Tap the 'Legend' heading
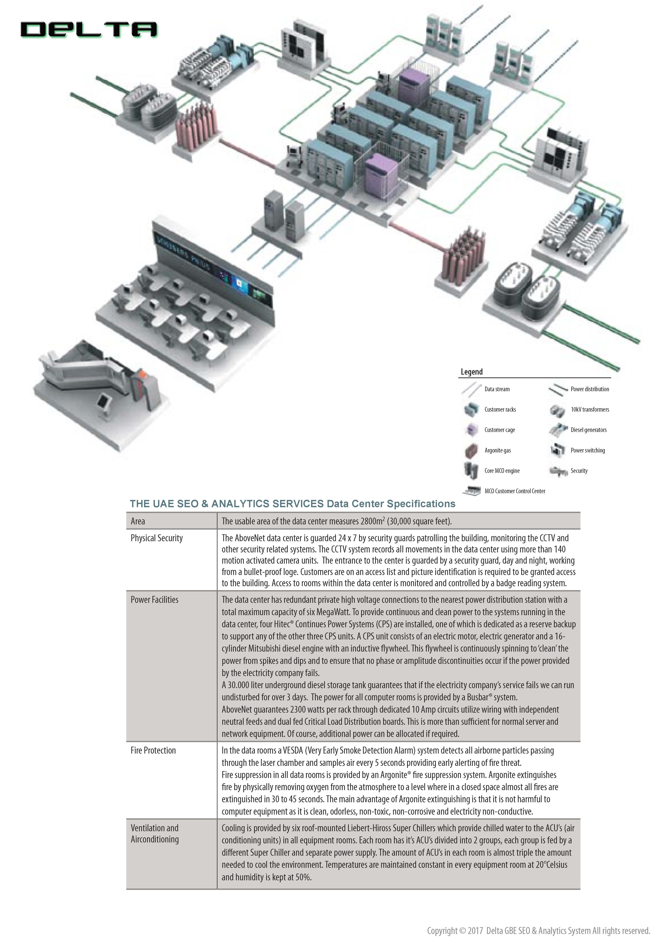click(472, 372)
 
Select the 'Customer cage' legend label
click(500, 430)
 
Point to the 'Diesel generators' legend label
click(588, 430)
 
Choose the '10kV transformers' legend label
click(590, 410)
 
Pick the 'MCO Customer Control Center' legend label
click(515, 491)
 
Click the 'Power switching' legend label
click(588, 450)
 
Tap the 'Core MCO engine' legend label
click(502, 471)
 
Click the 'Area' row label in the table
click(138, 521)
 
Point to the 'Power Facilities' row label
click(155, 599)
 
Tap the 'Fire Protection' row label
click(153, 750)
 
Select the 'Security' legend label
click(579, 471)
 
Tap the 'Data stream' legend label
click(497, 389)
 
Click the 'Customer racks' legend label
click(500, 410)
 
